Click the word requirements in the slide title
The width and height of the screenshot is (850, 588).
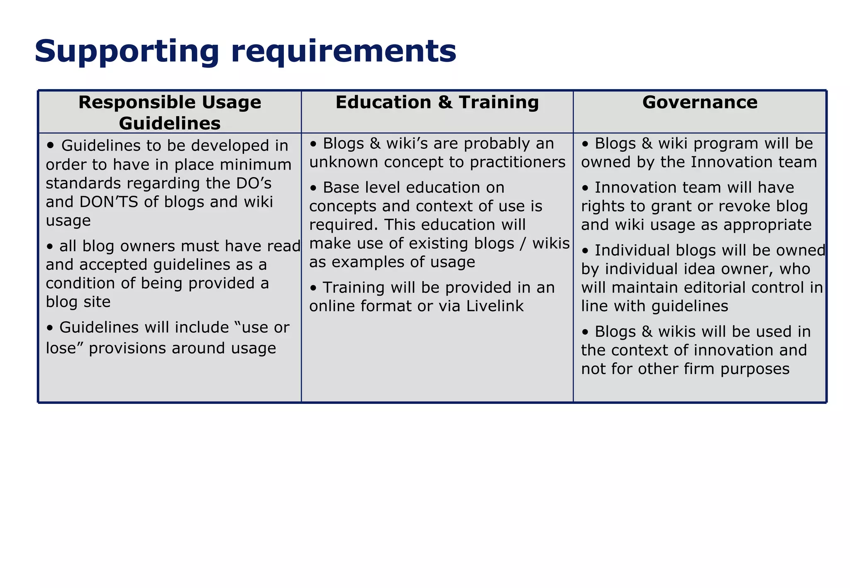click(343, 52)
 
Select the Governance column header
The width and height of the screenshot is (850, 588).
click(700, 102)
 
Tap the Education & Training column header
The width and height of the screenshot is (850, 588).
click(437, 102)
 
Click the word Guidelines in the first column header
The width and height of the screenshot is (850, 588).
click(170, 124)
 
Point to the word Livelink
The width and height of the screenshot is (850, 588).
click(495, 306)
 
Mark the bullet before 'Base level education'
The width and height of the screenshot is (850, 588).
click(314, 188)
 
